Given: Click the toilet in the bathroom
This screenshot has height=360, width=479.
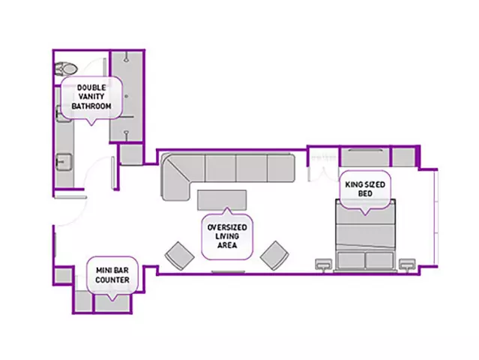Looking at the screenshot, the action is pos(65,69).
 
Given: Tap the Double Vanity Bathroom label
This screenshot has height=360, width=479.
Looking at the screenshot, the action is pos(91,97).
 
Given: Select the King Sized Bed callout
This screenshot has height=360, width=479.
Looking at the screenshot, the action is pos(365,190).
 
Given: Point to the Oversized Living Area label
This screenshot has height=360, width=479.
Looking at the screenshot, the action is pos(227,236).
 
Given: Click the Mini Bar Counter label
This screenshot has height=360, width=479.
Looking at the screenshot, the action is pos(112,275).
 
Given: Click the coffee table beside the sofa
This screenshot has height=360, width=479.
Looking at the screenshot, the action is pos(222,200).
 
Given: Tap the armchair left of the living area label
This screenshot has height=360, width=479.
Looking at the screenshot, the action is pos(180,256).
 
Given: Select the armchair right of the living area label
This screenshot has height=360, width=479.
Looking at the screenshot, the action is pos(274,256).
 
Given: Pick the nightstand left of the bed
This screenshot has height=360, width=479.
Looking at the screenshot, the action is pos(324,264).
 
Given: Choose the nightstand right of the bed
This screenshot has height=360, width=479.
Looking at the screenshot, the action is pos(407,264).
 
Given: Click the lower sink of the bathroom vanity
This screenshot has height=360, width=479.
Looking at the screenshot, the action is pos(64,162).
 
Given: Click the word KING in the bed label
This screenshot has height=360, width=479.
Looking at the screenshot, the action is pos(352,184).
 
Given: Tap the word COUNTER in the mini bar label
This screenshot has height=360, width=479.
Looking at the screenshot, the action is pos(112,280).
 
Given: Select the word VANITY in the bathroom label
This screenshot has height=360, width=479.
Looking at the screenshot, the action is pos(91,97).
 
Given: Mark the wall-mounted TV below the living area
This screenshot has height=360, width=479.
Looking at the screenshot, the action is pos(228,271).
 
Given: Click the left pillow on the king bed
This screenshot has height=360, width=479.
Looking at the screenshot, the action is pos(352,260).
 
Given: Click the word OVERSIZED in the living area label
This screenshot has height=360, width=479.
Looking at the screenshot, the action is pos(227,227).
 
